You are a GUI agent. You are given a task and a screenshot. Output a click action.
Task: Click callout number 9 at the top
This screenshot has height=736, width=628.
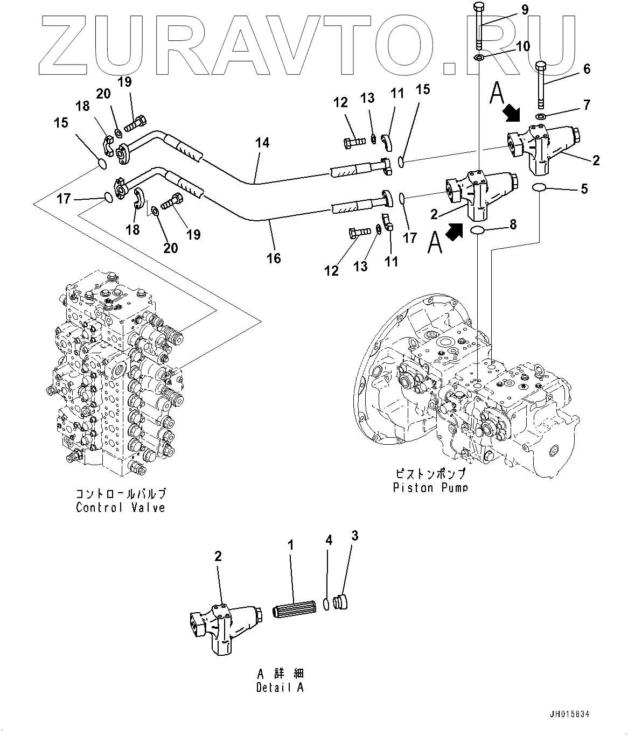(x=525, y=10)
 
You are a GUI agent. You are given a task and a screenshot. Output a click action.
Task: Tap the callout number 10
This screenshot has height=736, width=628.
(x=522, y=46)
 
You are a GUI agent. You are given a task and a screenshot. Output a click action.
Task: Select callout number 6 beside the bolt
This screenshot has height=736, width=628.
(x=587, y=69)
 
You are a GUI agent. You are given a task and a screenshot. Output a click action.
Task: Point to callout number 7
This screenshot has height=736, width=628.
(x=587, y=104)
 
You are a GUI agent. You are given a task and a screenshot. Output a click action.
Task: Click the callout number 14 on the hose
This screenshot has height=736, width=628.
(x=262, y=143)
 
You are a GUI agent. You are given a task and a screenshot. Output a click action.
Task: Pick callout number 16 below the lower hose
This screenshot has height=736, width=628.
(x=274, y=258)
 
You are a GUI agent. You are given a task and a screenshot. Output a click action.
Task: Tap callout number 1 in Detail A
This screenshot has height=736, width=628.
(x=291, y=545)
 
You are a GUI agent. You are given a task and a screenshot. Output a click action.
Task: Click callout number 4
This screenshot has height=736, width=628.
(x=329, y=540)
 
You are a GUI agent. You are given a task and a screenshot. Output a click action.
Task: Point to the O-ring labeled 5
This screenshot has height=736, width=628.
(x=539, y=187)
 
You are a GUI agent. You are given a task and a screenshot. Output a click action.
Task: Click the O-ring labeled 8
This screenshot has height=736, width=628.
(x=478, y=231)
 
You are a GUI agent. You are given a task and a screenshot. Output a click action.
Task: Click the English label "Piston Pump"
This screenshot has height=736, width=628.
(x=430, y=488)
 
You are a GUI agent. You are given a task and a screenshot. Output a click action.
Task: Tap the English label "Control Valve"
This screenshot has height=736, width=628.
(x=120, y=507)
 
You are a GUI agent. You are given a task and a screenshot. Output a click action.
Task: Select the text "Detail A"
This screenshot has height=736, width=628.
(x=280, y=688)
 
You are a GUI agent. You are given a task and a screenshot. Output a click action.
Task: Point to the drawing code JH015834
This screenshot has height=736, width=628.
(x=570, y=715)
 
